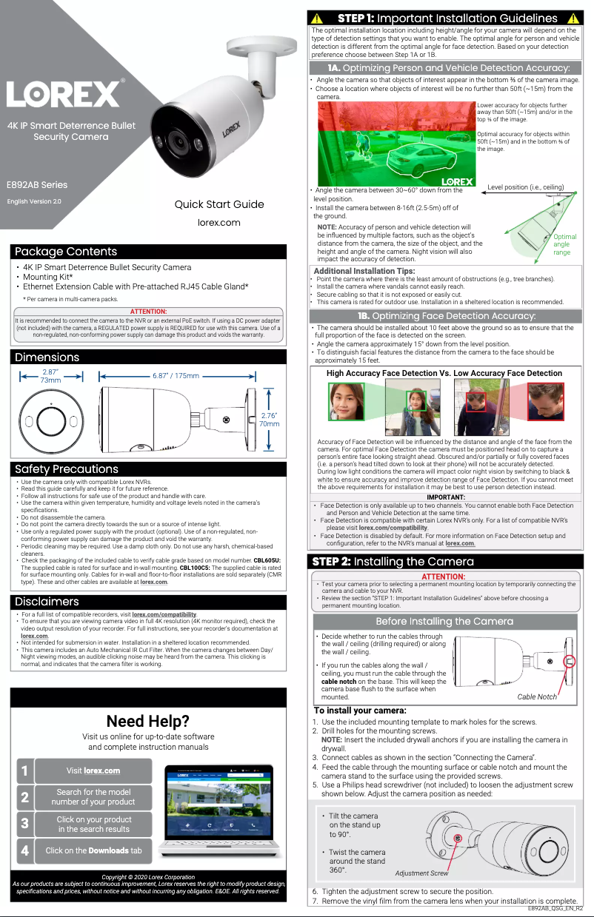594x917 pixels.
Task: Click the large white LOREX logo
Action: (x=66, y=93)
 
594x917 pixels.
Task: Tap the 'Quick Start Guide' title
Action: (x=218, y=204)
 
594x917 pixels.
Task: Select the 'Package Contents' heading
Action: (x=66, y=252)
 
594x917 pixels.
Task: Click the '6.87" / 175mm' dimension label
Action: (x=176, y=376)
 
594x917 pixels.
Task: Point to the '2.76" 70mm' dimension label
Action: (x=269, y=420)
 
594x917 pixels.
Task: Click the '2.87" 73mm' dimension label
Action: (x=50, y=375)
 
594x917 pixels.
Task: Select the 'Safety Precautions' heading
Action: (x=67, y=468)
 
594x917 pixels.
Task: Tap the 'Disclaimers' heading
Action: (x=47, y=601)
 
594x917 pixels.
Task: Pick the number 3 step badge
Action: (x=24, y=823)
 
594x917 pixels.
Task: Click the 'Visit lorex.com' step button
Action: (x=93, y=771)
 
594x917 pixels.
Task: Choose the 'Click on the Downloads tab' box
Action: (x=93, y=850)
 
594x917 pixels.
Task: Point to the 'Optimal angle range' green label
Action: (x=564, y=245)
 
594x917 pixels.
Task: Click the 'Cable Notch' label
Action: (x=536, y=697)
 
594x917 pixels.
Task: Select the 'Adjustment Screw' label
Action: (x=421, y=873)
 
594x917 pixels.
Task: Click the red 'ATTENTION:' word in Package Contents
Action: (x=148, y=312)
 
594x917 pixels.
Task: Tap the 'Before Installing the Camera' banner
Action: (x=444, y=621)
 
